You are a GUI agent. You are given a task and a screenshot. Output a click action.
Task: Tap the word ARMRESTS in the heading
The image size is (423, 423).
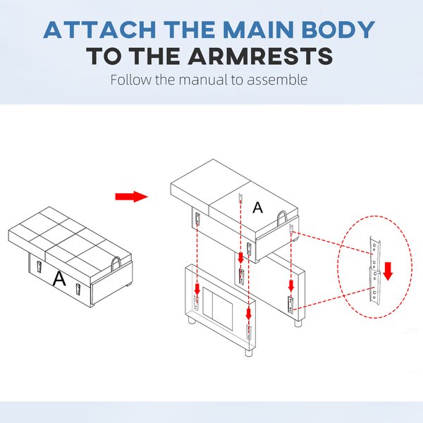click(x=260, y=56)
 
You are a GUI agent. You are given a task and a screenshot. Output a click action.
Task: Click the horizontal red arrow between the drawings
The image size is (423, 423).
click(x=131, y=197)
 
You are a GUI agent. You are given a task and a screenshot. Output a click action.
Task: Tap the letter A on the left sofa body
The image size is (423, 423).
click(x=59, y=278)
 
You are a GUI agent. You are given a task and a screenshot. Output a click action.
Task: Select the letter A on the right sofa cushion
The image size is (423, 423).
click(x=257, y=208)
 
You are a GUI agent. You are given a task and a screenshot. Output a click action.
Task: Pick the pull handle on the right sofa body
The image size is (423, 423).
click(x=281, y=217)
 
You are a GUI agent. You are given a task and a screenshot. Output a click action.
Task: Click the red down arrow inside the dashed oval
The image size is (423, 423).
click(x=388, y=271)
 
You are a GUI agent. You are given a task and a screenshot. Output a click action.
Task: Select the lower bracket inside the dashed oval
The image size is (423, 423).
click(x=375, y=288)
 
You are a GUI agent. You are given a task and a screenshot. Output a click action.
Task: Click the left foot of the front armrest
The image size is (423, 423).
click(x=192, y=321)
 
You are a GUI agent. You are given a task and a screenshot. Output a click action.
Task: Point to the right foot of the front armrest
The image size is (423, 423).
click(x=250, y=352)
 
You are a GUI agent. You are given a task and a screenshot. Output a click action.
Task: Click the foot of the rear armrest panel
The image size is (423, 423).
click(x=298, y=323)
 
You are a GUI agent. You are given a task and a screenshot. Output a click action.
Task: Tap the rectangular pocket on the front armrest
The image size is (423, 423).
click(x=217, y=307)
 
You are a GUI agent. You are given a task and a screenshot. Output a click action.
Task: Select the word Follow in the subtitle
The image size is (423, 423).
click(x=131, y=80)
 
